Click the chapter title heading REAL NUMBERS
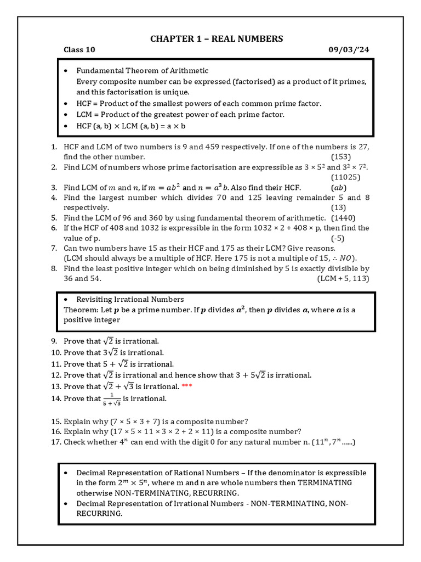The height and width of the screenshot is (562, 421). pos(217,38)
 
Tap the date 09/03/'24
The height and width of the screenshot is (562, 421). pos(348,50)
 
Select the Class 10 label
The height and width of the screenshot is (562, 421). pos(79,50)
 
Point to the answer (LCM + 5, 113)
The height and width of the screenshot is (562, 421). pos(343,279)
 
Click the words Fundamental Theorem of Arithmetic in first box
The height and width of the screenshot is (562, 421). pos(142,71)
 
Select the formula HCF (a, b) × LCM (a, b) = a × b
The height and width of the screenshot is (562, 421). pos(132,126)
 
